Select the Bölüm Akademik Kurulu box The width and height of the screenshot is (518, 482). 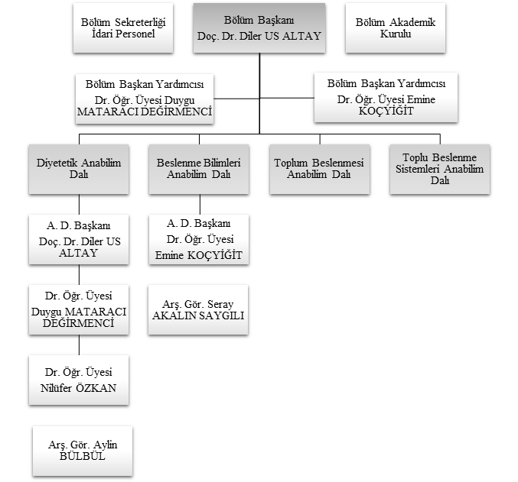point(395,29)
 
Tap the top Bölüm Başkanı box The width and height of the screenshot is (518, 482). point(259,29)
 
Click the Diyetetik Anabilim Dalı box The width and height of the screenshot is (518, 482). point(79,169)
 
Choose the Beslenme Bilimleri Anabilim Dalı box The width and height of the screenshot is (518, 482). point(199,169)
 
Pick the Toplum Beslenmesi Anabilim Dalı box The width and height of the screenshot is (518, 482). point(318,169)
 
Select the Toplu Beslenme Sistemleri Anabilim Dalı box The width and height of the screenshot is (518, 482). point(439,169)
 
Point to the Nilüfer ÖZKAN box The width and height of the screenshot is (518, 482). point(79,380)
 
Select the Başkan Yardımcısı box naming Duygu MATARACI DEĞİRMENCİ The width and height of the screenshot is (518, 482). point(144,97)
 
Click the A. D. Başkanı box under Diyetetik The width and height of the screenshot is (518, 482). point(79,239)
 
